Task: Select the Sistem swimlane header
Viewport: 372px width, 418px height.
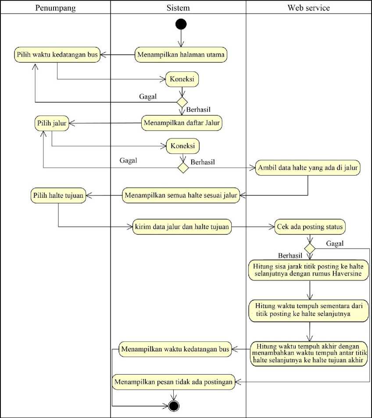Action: coord(178,7)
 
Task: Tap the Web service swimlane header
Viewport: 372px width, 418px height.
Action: coord(308,7)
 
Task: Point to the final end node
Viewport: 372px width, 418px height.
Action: coord(174,406)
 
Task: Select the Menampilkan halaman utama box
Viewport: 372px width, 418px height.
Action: coord(182,55)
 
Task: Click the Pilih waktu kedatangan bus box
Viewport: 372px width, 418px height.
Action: coord(57,55)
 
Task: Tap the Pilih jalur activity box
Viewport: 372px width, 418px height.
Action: coord(51,123)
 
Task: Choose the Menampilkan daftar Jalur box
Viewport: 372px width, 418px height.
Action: coord(182,123)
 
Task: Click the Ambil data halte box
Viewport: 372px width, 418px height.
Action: coord(308,167)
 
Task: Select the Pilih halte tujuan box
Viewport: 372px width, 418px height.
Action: coord(58,195)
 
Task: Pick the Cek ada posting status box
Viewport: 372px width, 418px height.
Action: coord(310,227)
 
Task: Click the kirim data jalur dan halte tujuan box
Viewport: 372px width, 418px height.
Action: coord(182,227)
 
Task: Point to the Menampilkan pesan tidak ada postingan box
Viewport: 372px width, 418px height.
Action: coord(173,382)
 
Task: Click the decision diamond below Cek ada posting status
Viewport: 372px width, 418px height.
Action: coord(310,248)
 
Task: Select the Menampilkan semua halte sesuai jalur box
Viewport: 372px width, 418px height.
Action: coord(181,195)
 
